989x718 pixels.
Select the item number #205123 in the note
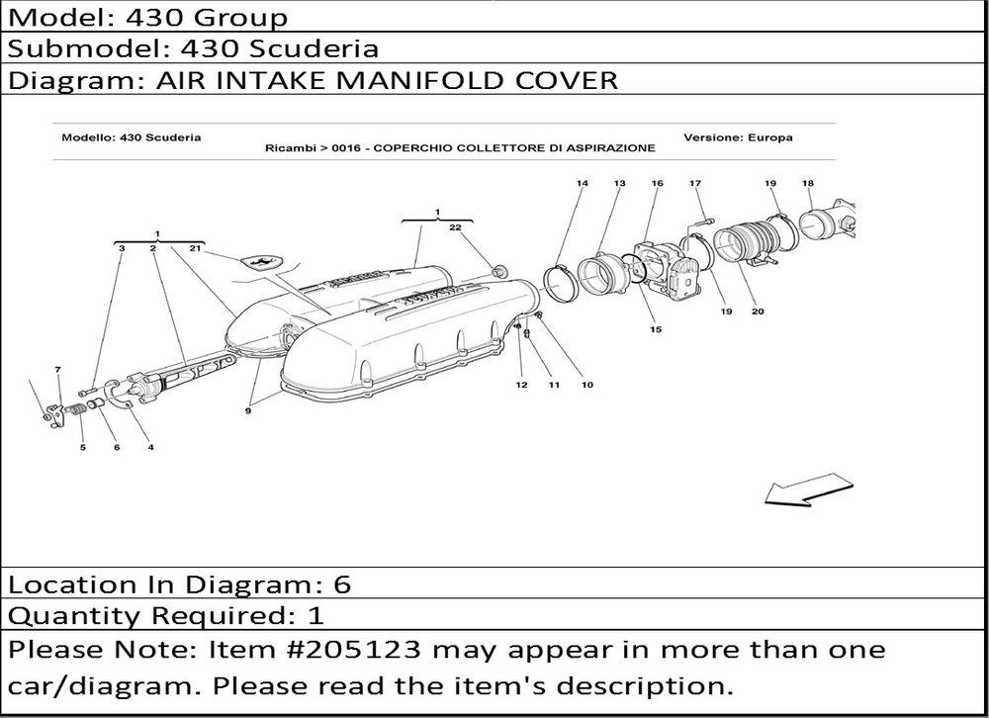353,650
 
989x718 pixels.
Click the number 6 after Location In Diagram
341,584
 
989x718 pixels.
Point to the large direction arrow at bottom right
809,490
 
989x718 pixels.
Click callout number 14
582,184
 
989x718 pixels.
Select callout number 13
619,184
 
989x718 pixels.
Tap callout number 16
658,184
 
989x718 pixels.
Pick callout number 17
695,184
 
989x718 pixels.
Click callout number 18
808,184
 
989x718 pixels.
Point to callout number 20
758,312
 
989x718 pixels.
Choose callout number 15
656,329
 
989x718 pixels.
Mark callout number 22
455,227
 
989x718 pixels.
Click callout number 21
195,248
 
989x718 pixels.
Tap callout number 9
248,411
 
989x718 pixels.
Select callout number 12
521,385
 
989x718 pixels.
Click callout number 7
58,370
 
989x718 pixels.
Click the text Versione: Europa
738,137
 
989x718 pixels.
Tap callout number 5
83,448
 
